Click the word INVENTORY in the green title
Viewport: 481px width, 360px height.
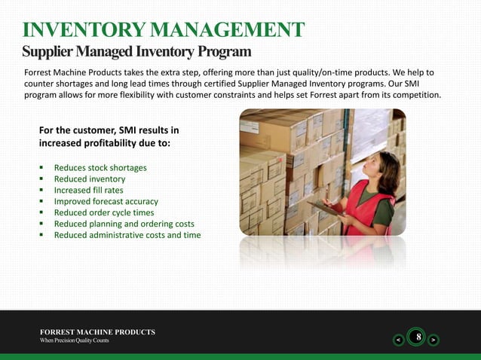pyautogui.click(x=84, y=29)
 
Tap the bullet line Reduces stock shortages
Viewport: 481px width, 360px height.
pyautogui.click(x=100, y=168)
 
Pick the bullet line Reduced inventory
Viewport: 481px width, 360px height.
pyautogui.click(x=90, y=179)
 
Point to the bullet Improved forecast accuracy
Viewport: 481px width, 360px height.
pyautogui.click(x=106, y=202)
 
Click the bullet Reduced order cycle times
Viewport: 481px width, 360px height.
pyautogui.click(x=104, y=213)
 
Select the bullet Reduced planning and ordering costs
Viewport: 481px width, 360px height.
pyautogui.click(x=124, y=224)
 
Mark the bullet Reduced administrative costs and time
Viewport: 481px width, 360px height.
pyautogui.click(x=127, y=236)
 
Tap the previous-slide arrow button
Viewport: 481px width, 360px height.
pyautogui.click(x=397, y=340)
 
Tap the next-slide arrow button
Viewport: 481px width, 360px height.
pyautogui.click(x=433, y=340)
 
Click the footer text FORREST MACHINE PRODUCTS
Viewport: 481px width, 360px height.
pyautogui.click(x=98, y=332)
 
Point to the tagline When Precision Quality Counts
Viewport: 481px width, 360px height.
pyautogui.click(x=75, y=341)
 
